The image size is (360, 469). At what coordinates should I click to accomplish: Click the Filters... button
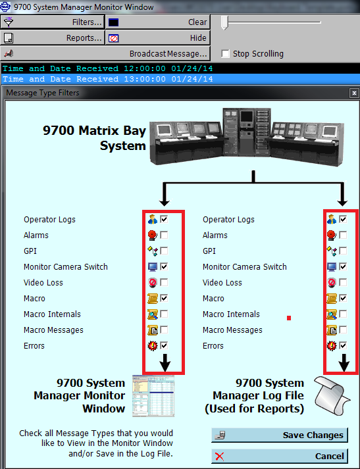[x=53, y=22]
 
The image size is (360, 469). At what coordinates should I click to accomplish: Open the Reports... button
[x=53, y=37]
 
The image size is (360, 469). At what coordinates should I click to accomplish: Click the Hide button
[x=157, y=37]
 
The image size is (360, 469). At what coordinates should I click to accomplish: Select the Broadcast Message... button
[x=105, y=53]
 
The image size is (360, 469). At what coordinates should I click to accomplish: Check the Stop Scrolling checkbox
[x=226, y=54]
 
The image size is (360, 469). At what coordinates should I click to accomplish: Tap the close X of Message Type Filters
[x=353, y=93]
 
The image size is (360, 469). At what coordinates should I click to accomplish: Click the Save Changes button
[x=280, y=435]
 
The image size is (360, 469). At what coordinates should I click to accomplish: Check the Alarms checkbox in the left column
[x=164, y=235]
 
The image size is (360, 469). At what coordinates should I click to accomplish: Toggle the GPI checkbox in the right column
[x=343, y=251]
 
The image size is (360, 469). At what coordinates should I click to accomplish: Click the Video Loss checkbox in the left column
[x=164, y=282]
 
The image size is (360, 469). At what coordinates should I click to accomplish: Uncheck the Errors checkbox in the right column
[x=343, y=345]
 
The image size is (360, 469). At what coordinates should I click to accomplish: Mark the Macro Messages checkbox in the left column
[x=164, y=330]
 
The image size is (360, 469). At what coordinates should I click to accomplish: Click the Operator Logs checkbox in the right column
[x=343, y=219]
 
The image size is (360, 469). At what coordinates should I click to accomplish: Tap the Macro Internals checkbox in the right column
[x=343, y=314]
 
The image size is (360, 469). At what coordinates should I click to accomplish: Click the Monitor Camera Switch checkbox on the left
[x=164, y=266]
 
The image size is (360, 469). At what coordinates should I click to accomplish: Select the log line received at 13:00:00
[x=109, y=79]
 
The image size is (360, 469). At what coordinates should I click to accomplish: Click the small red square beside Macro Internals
[x=288, y=318]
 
